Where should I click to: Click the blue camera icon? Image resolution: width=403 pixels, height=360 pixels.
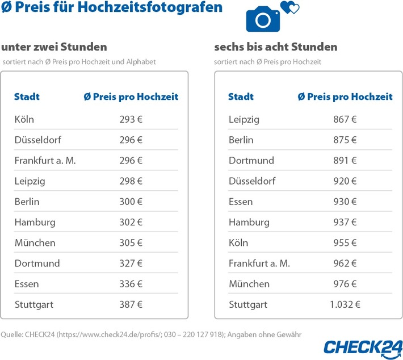262,19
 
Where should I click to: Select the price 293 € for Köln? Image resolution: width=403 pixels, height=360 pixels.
131,119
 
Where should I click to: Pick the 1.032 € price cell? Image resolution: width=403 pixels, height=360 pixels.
345,304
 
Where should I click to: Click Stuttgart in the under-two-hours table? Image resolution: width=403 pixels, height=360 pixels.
34,304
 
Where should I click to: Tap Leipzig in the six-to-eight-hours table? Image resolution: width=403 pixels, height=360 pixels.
244,119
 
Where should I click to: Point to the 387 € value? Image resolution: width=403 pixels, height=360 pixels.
131,304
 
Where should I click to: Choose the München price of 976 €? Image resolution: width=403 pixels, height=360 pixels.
345,283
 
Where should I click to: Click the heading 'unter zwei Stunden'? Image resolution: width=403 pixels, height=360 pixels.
54,47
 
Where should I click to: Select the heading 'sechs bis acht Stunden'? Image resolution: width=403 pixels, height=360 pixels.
276,47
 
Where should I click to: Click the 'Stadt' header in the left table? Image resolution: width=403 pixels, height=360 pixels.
27,97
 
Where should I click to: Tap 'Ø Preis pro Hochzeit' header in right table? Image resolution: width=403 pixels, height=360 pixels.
345,97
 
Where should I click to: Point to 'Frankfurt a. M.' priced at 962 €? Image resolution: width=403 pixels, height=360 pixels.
259,263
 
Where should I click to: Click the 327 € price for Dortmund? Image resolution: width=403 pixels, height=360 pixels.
131,263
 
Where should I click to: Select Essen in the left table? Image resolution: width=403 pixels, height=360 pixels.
27,283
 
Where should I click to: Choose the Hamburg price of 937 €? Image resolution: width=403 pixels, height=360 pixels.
345,222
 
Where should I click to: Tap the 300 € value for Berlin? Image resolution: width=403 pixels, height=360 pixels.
131,202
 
